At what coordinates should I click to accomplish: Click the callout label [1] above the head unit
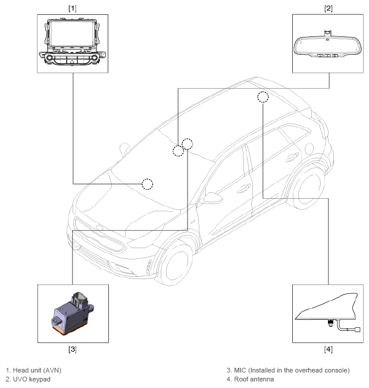tap(72, 8)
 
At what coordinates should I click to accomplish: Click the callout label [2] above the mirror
tap(328, 8)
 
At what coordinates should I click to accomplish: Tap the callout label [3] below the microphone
tap(72, 349)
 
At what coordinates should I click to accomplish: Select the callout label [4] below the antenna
tap(328, 349)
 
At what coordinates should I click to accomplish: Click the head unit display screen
tap(72, 34)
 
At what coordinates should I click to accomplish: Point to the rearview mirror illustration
tap(328, 45)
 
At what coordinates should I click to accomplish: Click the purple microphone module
tap(73, 314)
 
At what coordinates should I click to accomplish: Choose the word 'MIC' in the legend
tap(240, 370)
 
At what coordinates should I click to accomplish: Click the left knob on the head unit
tap(49, 58)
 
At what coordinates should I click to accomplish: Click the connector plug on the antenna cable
tap(357, 329)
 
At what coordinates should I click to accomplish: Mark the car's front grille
tap(99, 234)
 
